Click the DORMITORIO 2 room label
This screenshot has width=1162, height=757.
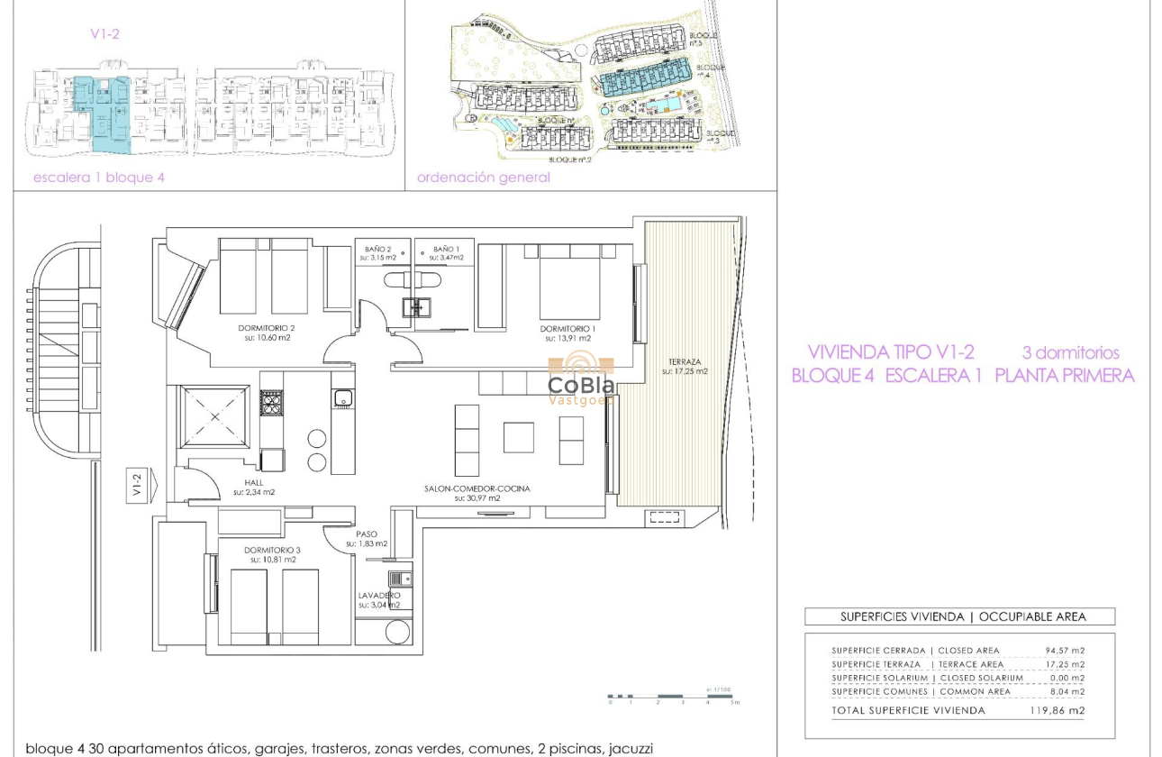pyautogui.click(x=267, y=328)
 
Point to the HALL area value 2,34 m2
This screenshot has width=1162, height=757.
pyautogui.click(x=253, y=492)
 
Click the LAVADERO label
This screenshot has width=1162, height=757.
pyautogui.click(x=378, y=595)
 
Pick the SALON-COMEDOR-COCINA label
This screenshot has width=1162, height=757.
pyautogui.click(x=477, y=488)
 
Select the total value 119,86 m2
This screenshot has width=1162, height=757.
pyautogui.click(x=1057, y=710)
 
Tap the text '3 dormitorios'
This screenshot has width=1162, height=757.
pyautogui.click(x=1070, y=352)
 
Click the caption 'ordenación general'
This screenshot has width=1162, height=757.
pyautogui.click(x=483, y=178)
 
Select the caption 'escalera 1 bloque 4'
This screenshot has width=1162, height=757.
pyautogui.click(x=99, y=178)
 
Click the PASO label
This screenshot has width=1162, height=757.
pyautogui.click(x=368, y=533)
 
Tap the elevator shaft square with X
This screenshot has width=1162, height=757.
pyautogui.click(x=214, y=416)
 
